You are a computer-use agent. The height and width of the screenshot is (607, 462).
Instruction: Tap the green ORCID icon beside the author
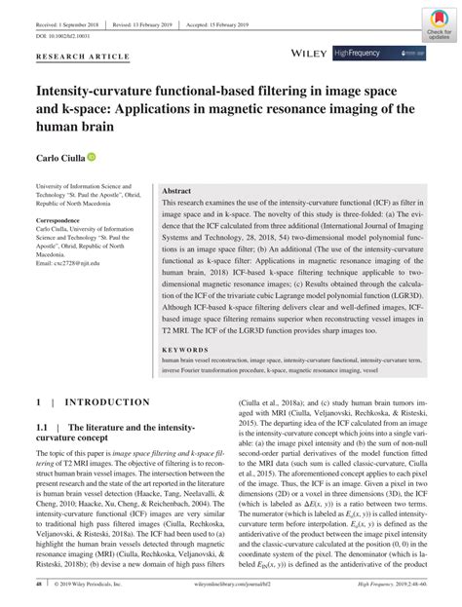(92, 156)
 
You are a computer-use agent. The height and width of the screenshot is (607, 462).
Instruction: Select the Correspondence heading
(64, 220)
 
